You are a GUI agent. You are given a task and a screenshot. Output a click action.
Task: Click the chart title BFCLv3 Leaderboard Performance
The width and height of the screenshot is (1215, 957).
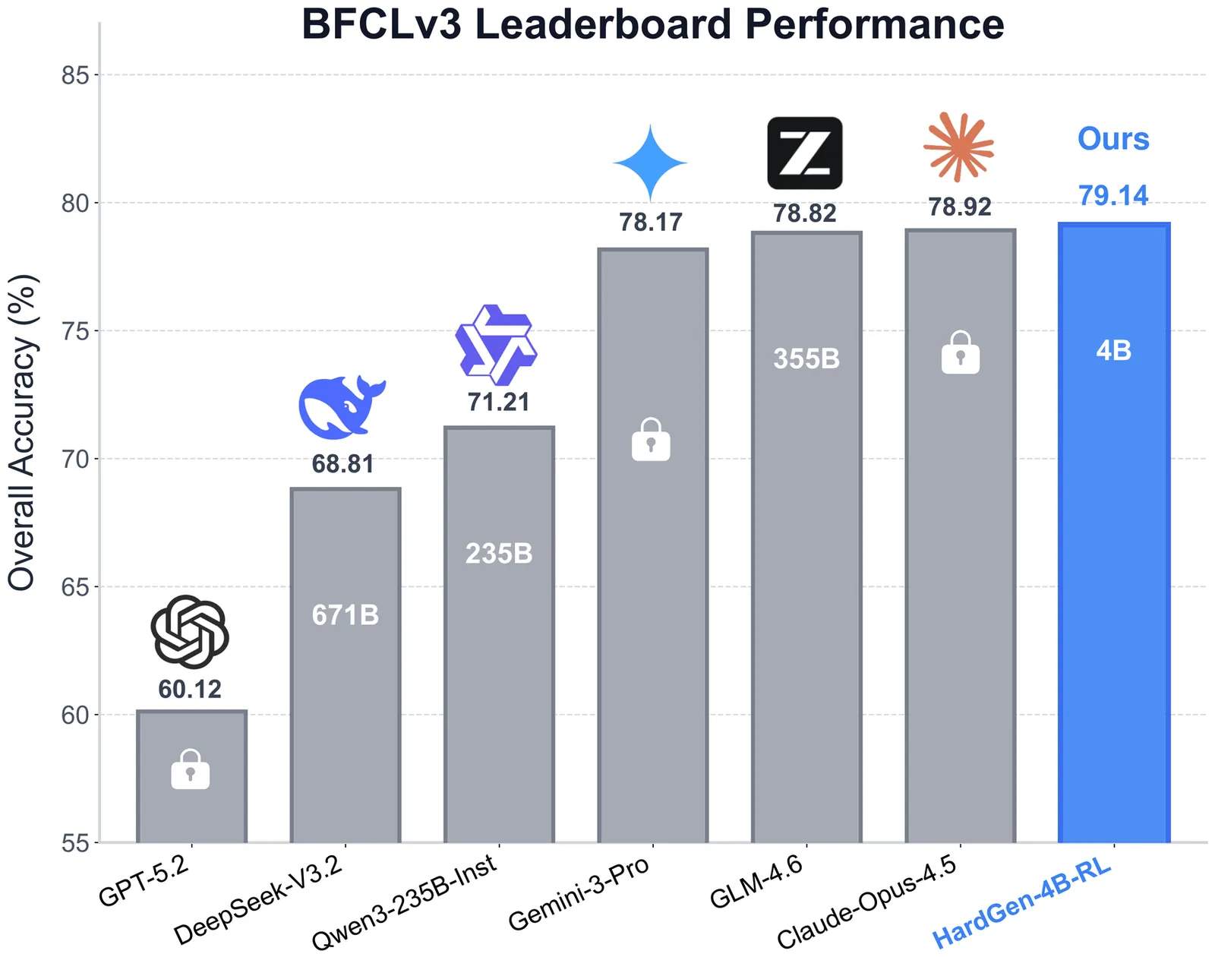point(652,24)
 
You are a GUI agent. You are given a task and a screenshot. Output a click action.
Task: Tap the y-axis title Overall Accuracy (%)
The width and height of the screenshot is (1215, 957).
point(22,432)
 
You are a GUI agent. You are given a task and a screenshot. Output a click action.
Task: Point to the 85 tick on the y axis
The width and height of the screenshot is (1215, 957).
point(74,75)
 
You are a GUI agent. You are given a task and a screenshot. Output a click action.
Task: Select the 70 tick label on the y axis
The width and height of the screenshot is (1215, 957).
point(74,459)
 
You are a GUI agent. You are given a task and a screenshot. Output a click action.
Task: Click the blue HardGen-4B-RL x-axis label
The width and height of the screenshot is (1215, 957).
point(1021,904)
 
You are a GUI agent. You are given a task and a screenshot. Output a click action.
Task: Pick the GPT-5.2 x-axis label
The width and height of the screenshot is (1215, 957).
point(144,881)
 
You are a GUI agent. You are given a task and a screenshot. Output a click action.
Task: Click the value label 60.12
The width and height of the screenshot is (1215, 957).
point(190,689)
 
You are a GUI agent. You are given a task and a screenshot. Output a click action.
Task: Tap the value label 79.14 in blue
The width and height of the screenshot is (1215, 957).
point(1113,195)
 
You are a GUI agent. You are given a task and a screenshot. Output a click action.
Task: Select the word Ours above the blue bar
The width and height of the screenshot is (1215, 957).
point(1113,139)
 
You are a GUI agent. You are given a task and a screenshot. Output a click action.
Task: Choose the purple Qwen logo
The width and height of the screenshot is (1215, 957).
point(497,345)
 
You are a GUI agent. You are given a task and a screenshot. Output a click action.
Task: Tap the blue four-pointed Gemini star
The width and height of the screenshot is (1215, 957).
point(651,163)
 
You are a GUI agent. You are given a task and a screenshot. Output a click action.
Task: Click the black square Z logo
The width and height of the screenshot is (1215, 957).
point(805,153)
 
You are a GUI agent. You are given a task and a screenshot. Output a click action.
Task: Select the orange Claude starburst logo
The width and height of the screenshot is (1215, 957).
point(959,147)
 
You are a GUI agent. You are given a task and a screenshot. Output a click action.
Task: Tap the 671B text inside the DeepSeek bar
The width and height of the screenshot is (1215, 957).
point(346,614)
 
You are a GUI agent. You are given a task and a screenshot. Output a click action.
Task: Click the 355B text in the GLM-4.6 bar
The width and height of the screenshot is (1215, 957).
point(806,358)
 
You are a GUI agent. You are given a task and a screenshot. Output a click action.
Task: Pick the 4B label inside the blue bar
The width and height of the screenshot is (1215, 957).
point(1114,350)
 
